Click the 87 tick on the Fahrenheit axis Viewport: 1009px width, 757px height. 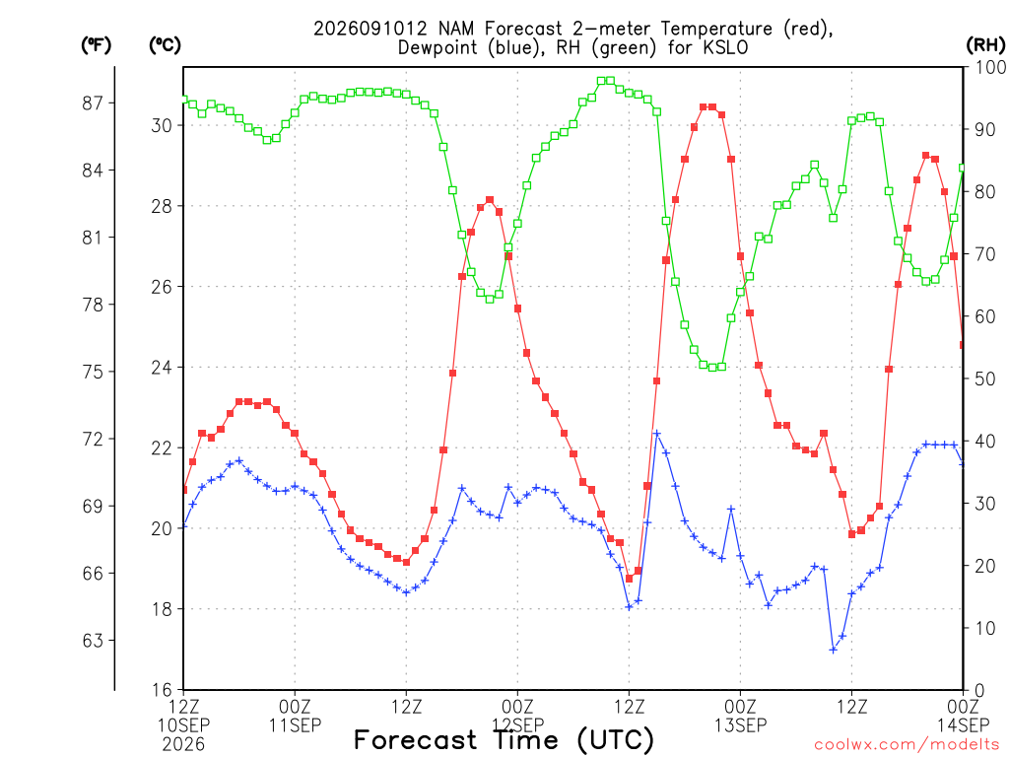[93, 103]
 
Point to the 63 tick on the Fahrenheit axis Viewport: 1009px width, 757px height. [93, 641]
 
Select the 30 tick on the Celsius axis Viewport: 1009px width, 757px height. [163, 125]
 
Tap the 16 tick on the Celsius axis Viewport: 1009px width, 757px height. [163, 690]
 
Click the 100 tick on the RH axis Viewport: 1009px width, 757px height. [990, 67]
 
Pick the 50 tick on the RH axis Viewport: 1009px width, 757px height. [985, 378]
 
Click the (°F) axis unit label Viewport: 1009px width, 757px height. [96, 45]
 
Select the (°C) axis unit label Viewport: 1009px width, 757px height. [165, 45]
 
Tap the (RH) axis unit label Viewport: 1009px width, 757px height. [985, 45]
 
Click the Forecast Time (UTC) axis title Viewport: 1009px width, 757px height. [504, 740]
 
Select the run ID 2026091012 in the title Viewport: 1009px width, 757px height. [370, 29]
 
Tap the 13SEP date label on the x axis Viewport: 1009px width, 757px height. [741, 725]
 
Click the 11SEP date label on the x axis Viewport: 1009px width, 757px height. [295, 725]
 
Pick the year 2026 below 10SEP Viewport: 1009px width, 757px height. [183, 745]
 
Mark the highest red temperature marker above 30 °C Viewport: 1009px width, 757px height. [704, 106]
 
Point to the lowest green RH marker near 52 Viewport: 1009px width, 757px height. [712, 368]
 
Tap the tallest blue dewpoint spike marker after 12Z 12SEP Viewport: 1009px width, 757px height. [657, 434]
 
